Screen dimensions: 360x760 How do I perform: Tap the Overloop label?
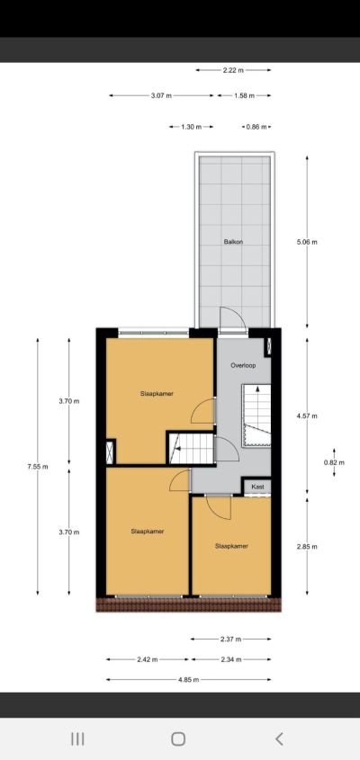click(243, 365)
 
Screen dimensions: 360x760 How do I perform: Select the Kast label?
click(257, 487)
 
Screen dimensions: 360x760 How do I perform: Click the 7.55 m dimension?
click(38, 467)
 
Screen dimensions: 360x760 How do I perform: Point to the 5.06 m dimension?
click(307, 242)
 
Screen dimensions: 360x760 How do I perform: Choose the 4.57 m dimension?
click(307, 416)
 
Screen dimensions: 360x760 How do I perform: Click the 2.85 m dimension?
click(307, 547)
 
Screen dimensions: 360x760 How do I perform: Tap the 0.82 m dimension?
click(334, 462)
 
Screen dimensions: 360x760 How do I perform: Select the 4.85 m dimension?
click(189, 680)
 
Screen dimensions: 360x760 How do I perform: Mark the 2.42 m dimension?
click(148, 659)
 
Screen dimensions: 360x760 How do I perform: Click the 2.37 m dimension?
click(231, 639)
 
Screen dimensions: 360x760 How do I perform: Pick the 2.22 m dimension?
click(233, 70)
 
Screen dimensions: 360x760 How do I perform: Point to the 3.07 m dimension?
click(161, 95)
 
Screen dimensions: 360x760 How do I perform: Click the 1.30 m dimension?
click(191, 127)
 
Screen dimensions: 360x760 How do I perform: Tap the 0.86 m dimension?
click(256, 127)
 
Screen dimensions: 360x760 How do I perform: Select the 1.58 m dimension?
click(244, 95)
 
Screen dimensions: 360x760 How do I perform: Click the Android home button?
click(178, 738)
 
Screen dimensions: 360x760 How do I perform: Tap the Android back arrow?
click(279, 738)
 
